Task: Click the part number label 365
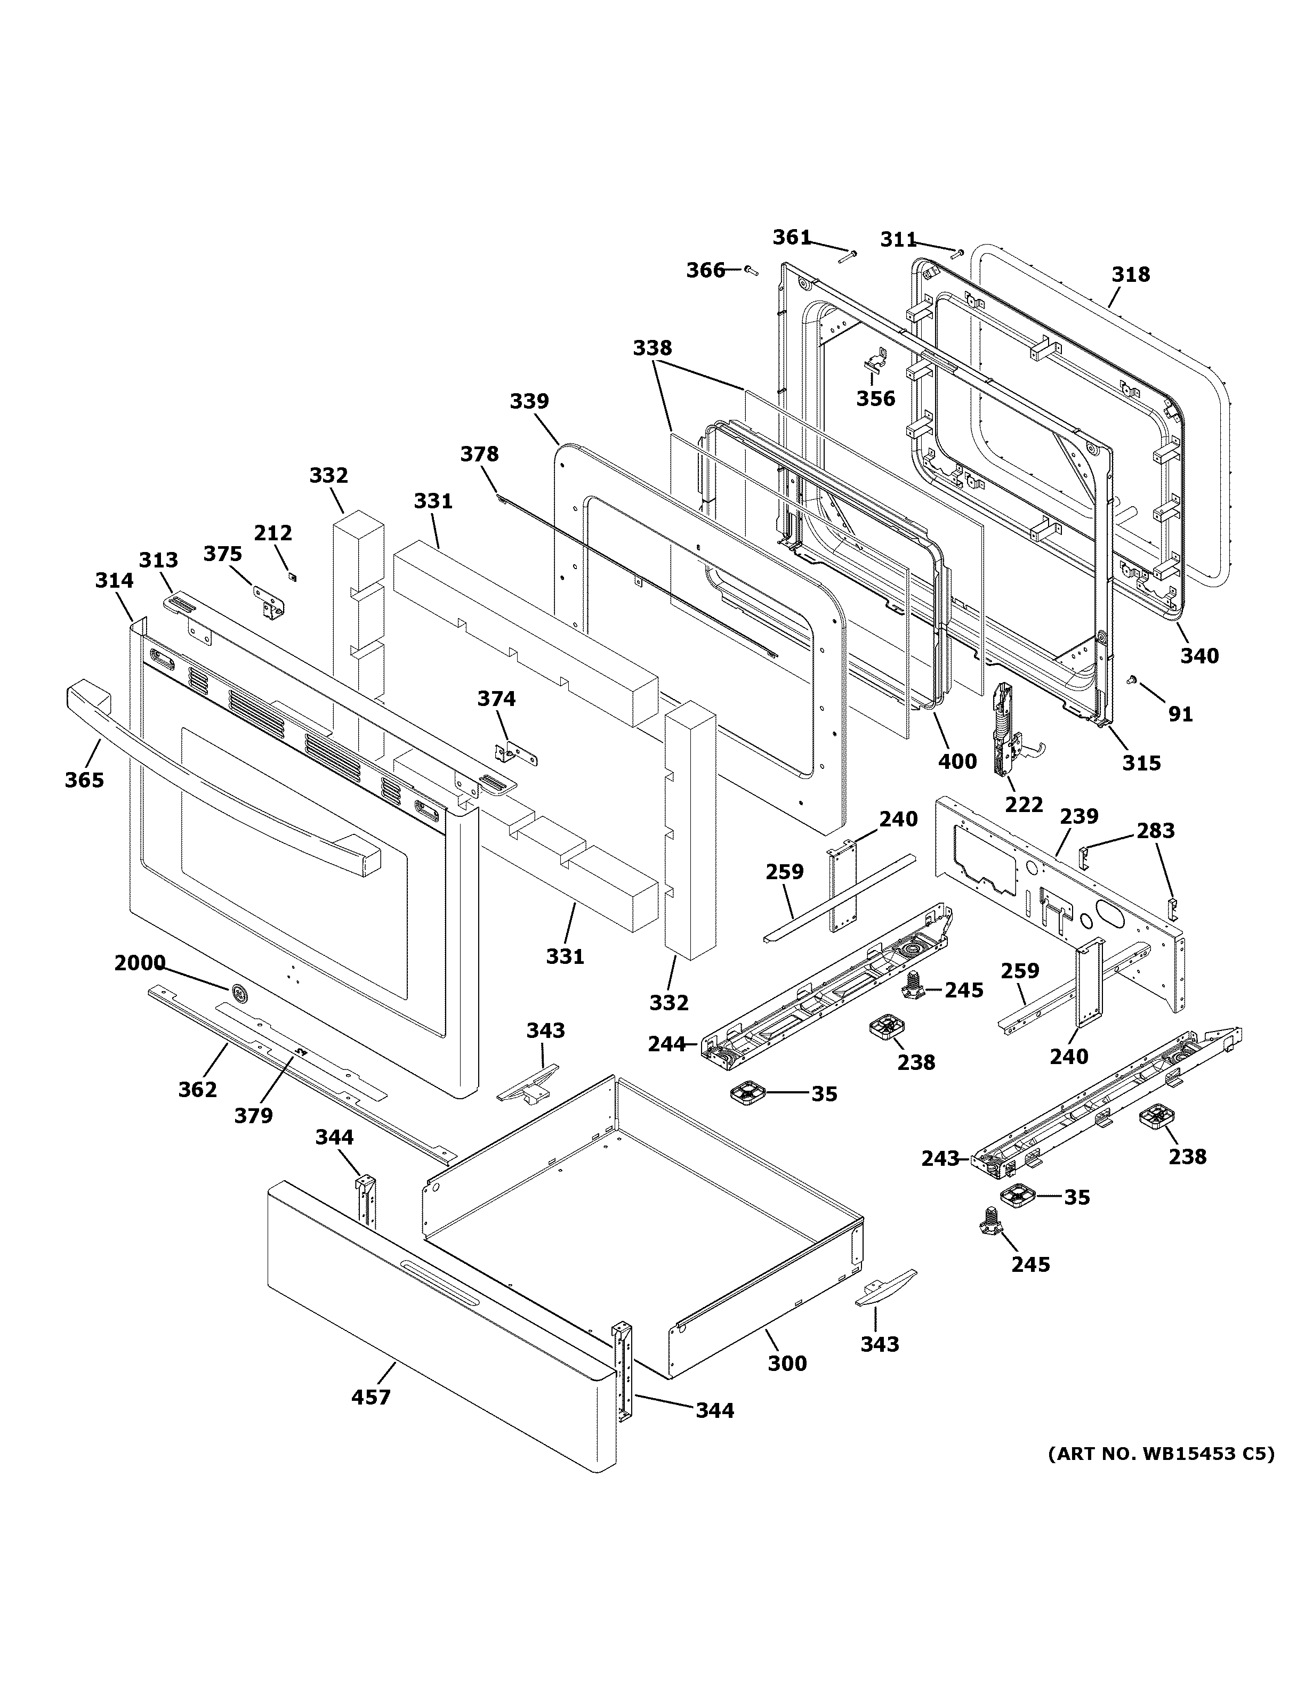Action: coord(84,780)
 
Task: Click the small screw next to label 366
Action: coord(751,270)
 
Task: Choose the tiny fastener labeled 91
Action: coord(1132,679)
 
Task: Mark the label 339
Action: coord(529,401)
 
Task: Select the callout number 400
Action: coord(957,762)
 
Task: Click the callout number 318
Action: coord(1130,274)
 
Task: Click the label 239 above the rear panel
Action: coord(1078,816)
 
